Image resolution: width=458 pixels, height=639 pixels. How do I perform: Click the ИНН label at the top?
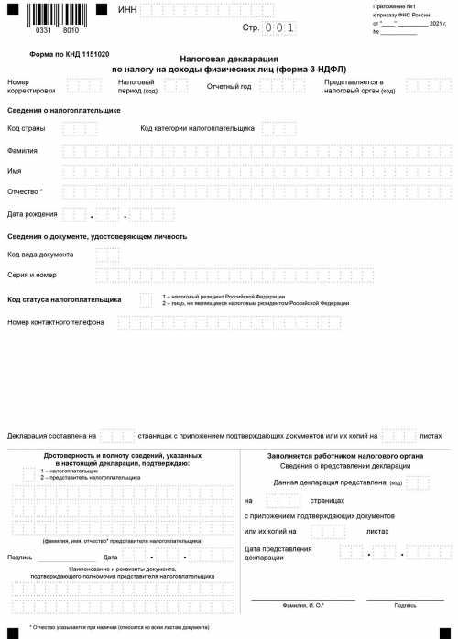coord(128,10)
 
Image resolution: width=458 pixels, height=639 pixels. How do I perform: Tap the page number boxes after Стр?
coord(279,28)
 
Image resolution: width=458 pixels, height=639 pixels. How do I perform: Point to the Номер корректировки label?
coord(30,86)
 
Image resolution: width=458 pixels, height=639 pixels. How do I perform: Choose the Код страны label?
coord(27,128)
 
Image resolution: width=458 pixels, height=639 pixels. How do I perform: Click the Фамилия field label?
coord(23,150)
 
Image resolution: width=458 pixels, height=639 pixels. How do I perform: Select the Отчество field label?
coord(25,192)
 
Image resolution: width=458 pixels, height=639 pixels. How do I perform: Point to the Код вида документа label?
coord(40,254)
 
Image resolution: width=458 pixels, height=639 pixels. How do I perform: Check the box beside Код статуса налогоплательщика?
coord(146,299)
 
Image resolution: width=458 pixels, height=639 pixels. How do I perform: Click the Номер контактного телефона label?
coord(56,322)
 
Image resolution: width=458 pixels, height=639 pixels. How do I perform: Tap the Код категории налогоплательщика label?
coord(197,128)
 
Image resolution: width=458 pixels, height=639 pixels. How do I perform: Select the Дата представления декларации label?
coord(278,553)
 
